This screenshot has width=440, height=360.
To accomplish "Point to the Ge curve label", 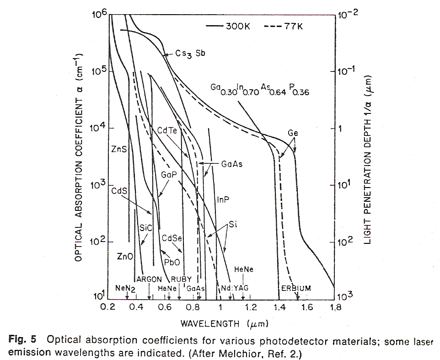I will (x=293, y=133).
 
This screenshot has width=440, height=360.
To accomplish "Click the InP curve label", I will (x=223, y=200).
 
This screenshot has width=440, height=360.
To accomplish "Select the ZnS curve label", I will (x=118, y=149).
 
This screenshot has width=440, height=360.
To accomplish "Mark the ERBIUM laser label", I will (x=296, y=288).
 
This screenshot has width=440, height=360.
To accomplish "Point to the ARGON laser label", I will (x=149, y=279).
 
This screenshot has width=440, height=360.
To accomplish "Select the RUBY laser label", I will (x=182, y=279).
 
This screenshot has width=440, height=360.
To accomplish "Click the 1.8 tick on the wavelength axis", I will (x=335, y=307).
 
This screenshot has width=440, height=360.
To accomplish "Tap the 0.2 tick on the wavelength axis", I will (x=108, y=307).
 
